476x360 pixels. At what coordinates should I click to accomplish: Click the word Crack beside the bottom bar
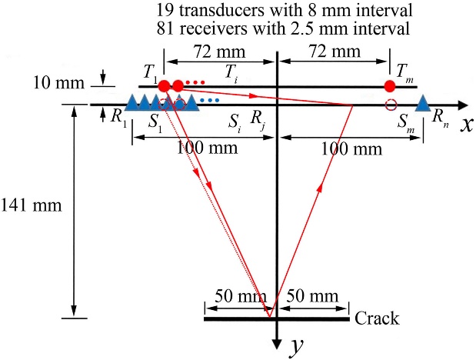[378, 318]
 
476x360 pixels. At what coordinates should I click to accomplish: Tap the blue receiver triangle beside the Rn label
[422, 102]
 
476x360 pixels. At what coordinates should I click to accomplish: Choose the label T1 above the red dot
[151, 72]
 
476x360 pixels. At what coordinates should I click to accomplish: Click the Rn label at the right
[439, 116]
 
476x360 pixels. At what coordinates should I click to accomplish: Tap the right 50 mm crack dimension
[312, 297]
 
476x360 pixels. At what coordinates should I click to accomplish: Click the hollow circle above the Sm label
[391, 105]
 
